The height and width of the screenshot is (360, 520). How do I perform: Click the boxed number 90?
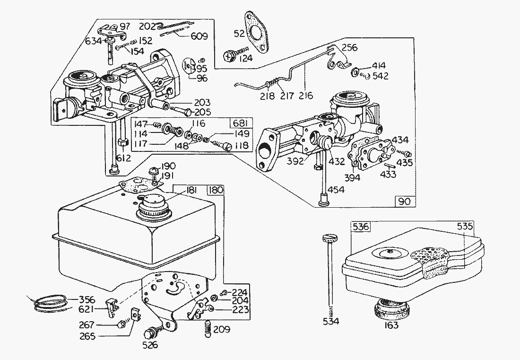405,202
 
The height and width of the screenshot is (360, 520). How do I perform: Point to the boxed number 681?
238,123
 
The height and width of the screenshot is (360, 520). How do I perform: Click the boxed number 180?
216,190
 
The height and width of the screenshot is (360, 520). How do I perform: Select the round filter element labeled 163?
391,310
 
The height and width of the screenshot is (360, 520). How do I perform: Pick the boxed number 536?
361,227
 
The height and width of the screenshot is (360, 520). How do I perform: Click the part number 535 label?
465,227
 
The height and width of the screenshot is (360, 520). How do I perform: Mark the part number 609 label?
201,35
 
